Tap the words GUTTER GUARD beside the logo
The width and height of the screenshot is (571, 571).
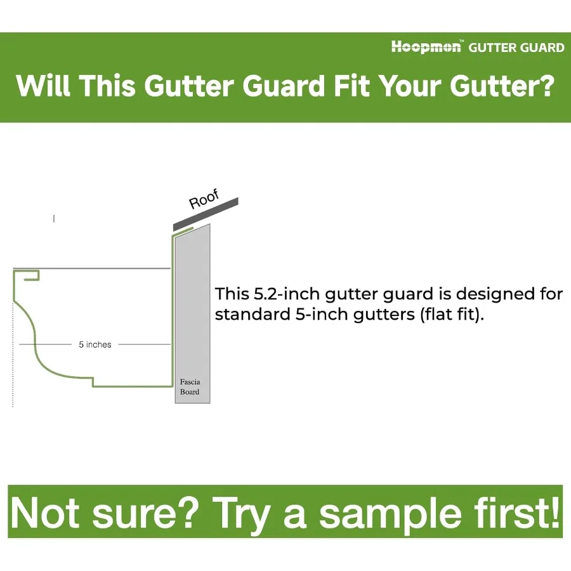pyautogui.click(x=516, y=48)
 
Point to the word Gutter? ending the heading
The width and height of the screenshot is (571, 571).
pyautogui.click(x=502, y=86)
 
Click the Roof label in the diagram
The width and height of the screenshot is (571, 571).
pyautogui.click(x=204, y=199)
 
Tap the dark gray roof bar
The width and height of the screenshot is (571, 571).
pyautogui.click(x=206, y=214)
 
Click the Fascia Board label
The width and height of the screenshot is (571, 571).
pyautogui.click(x=190, y=387)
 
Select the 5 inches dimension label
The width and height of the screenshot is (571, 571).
pyautogui.click(x=95, y=345)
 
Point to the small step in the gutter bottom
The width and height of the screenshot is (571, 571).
pyautogui.click(x=93, y=381)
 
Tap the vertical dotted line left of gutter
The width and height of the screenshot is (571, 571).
pyautogui.click(x=13, y=354)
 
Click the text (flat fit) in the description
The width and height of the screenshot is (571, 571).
pyautogui.click(x=452, y=315)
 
